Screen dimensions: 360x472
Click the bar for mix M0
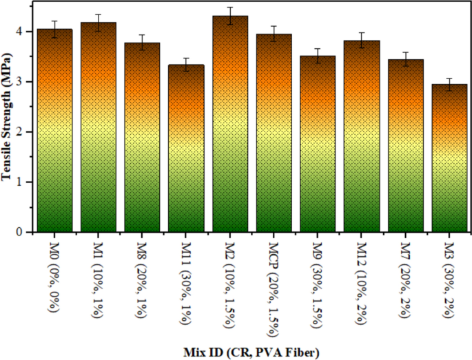pos(54,131)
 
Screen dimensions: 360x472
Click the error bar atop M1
pos(99,23)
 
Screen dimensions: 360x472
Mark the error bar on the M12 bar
pos(362,41)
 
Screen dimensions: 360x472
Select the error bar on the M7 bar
pos(405,59)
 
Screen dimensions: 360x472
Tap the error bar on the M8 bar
pos(142,43)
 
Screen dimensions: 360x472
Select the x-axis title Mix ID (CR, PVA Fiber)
pos(252,352)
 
